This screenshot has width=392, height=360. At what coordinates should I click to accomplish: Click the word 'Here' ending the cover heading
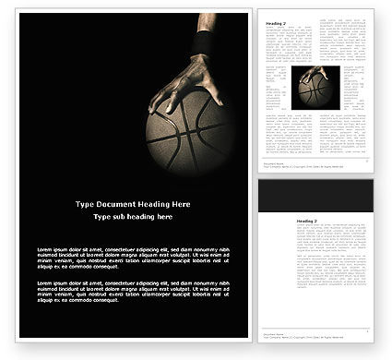[x=182, y=203]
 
